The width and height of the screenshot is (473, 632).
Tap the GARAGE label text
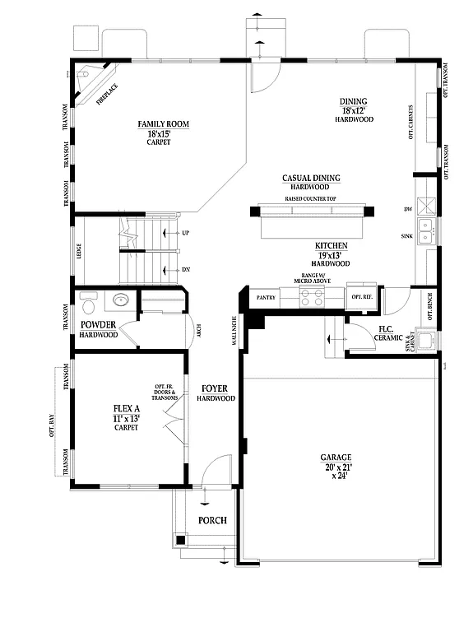pos(336,458)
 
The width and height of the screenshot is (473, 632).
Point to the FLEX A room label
pos(126,408)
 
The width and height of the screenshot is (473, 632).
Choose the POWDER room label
pos(98,325)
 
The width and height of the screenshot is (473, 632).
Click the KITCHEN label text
pos(331,246)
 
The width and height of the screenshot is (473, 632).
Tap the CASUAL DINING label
pos(311,178)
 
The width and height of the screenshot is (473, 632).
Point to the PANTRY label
pos(266,297)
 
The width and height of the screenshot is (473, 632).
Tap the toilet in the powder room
pos(120,300)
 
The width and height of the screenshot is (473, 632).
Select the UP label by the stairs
pos(185,233)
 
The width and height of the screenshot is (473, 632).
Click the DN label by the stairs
pos(185,269)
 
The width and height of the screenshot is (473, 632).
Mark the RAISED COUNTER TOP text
pos(310,199)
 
